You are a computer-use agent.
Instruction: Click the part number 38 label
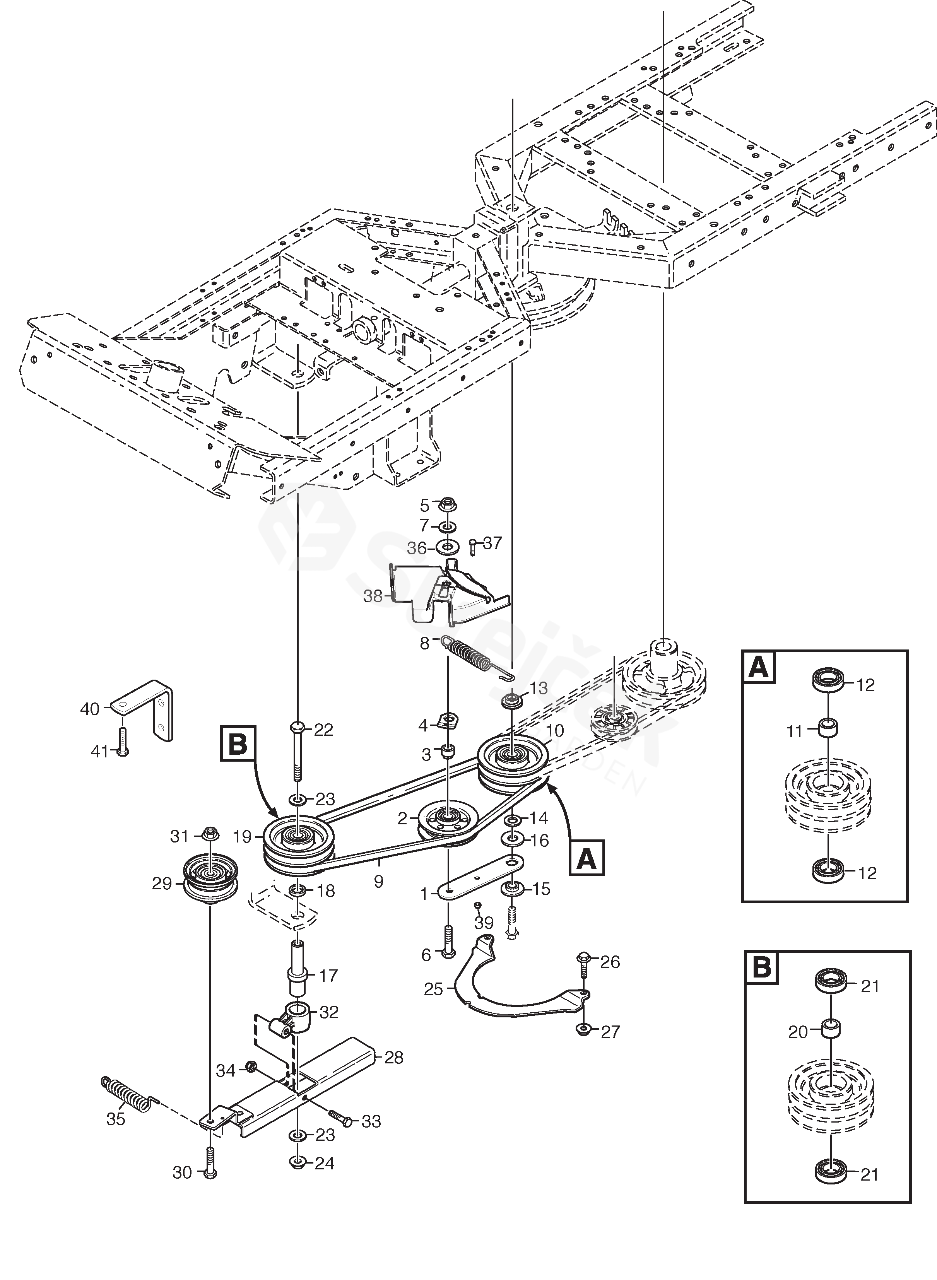(x=372, y=596)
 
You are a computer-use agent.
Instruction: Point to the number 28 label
(x=393, y=1058)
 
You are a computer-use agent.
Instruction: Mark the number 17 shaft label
(x=328, y=976)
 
